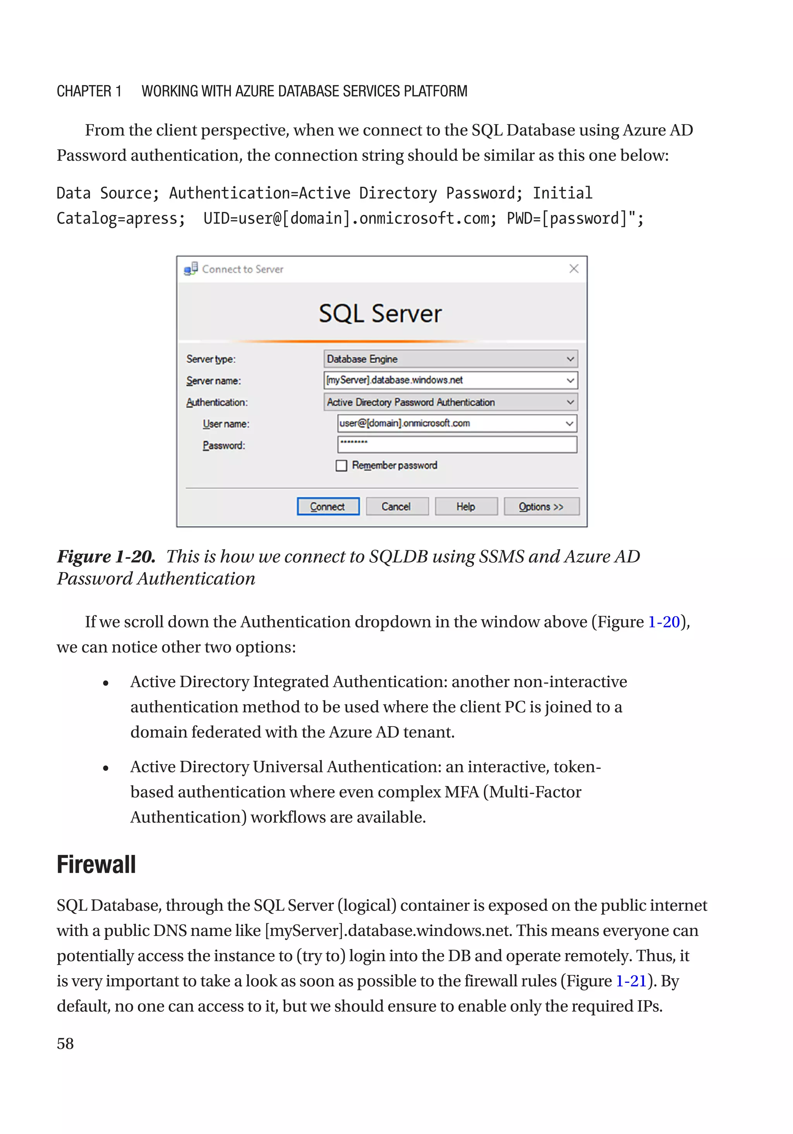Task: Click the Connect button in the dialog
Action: coord(328,506)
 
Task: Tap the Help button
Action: coord(465,506)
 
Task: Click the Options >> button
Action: coord(541,506)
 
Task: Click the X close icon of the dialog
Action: coord(573,269)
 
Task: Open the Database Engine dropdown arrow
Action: coord(570,359)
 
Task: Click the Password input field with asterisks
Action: coord(457,445)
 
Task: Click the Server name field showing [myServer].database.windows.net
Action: coord(444,380)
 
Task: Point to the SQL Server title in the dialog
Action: coord(380,314)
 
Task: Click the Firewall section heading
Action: coord(96,864)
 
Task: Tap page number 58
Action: coord(65,1044)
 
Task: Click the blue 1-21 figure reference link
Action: coord(631,981)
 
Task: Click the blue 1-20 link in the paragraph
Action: coord(663,622)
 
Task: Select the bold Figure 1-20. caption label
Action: coord(106,557)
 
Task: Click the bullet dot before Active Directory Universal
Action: coord(106,768)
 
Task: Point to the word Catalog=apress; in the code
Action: coord(121,218)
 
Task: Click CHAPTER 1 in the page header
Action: coord(89,91)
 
